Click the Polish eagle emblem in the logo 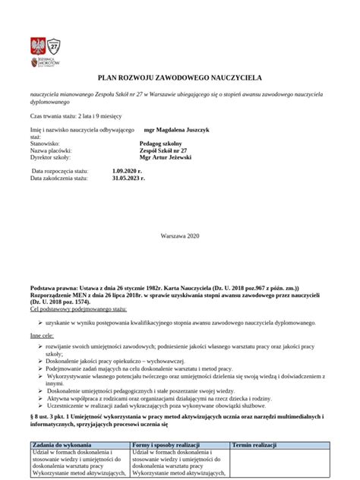[37, 44]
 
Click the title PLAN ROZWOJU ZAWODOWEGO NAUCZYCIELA [179, 78]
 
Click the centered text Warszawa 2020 [179, 237]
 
